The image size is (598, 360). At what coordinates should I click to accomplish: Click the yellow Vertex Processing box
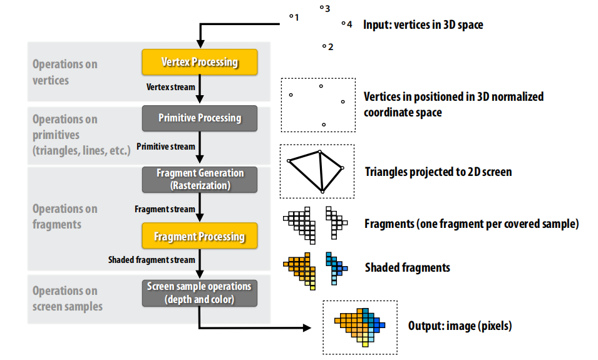[200, 62]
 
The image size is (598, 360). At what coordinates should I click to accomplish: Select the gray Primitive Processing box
[200, 118]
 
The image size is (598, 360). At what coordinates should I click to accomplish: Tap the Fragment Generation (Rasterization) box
[200, 179]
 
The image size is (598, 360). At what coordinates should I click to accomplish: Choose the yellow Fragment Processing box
[200, 237]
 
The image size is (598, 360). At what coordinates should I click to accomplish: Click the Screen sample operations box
[200, 292]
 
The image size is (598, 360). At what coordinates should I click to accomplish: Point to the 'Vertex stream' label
[170, 87]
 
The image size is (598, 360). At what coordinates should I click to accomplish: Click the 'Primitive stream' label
[165, 147]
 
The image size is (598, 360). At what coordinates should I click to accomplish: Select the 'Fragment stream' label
[165, 208]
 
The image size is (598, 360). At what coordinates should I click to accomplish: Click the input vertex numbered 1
[291, 17]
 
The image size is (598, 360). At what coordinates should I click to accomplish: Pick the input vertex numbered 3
[321, 8]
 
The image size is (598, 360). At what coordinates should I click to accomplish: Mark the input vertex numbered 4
[343, 24]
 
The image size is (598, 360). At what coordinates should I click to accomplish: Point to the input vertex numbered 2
[324, 46]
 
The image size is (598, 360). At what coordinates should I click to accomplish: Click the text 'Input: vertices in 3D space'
[423, 26]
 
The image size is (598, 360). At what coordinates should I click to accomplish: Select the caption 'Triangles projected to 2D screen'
[438, 172]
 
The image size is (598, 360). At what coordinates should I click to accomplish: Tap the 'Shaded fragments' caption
[407, 267]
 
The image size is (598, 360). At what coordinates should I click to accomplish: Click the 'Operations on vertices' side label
[65, 72]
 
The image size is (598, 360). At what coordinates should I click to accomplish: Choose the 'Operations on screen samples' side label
[68, 298]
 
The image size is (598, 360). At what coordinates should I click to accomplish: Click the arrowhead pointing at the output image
[307, 327]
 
